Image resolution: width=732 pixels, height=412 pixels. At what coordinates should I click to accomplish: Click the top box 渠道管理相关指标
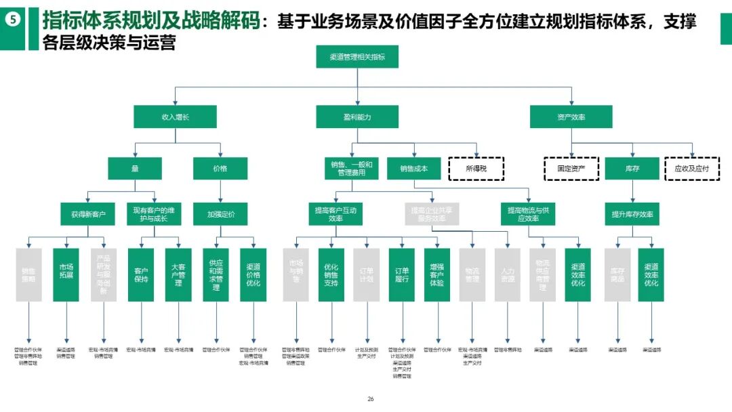click(357, 57)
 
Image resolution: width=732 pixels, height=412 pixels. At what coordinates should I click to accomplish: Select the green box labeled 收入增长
click(175, 117)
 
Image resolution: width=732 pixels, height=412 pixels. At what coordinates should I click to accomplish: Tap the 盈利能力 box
click(357, 117)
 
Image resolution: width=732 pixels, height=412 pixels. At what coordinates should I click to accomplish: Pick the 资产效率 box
click(571, 117)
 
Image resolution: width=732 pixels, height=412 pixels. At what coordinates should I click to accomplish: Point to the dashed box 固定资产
click(571, 168)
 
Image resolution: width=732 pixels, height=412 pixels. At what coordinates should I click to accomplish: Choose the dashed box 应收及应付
click(691, 168)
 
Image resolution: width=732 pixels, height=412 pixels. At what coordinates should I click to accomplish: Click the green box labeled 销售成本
click(413, 168)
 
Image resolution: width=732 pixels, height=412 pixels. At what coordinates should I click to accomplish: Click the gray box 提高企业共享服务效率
click(432, 215)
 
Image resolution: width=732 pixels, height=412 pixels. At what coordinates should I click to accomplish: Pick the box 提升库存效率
click(632, 215)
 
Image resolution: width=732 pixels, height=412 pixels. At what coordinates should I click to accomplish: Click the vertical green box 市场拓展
click(66, 275)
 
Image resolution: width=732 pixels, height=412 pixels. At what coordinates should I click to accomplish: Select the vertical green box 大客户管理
click(178, 275)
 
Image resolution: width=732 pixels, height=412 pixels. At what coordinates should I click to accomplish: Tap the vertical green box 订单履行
click(401, 275)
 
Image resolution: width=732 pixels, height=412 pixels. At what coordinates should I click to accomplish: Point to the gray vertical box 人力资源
click(507, 275)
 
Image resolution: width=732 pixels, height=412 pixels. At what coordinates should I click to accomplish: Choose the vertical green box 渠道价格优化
click(253, 275)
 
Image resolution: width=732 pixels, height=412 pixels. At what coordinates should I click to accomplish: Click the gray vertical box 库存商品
click(617, 275)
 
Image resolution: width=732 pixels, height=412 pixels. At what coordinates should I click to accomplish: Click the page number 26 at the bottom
click(370, 400)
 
